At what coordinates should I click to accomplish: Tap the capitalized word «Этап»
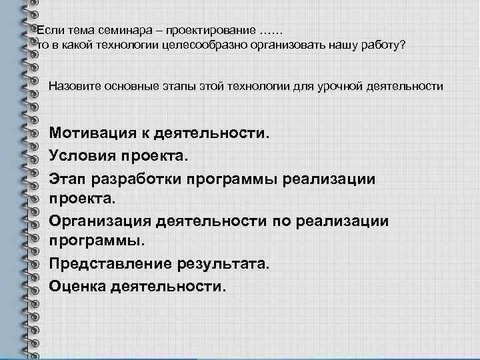pos(65,180)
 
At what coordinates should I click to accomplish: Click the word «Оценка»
pos(75,287)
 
